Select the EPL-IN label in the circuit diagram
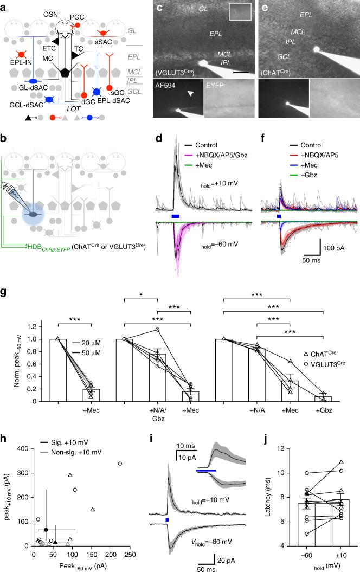20,68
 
